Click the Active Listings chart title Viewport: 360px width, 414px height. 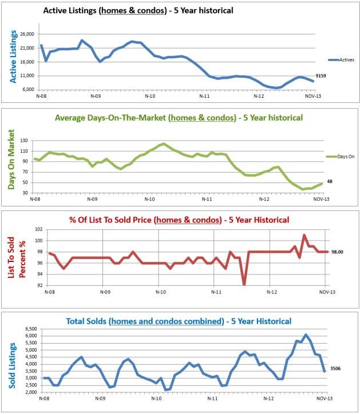(138, 10)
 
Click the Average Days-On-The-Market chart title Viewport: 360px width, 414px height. (179, 118)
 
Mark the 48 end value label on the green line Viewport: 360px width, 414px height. (330, 182)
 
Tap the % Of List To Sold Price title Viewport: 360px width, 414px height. (178, 220)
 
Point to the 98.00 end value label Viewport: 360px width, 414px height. (338, 252)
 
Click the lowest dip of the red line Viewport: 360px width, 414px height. (244, 284)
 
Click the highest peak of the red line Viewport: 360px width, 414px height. (304, 235)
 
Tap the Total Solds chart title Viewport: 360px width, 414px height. (179, 321)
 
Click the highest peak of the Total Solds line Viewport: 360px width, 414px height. (306, 335)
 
